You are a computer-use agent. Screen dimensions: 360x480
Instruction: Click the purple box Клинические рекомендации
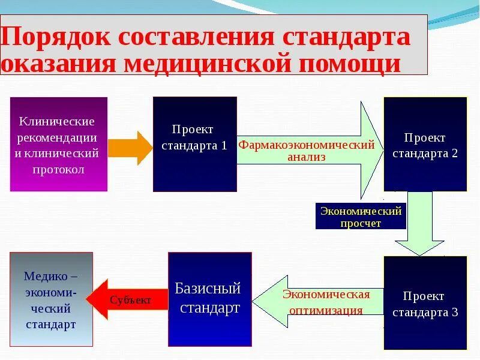(x=59, y=144)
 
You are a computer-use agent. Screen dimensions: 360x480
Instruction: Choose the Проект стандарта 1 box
(x=194, y=144)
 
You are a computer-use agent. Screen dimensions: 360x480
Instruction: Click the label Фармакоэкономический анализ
(x=307, y=151)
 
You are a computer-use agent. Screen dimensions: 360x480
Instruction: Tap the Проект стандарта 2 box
(x=425, y=144)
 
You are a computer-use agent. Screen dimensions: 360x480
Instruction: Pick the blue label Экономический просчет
(x=361, y=217)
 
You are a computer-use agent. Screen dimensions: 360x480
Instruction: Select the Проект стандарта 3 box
(x=425, y=303)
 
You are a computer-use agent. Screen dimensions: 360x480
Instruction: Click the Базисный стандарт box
(x=209, y=299)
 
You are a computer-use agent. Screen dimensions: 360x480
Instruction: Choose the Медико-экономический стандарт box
(x=51, y=299)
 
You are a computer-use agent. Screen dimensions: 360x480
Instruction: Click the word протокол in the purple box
(x=59, y=169)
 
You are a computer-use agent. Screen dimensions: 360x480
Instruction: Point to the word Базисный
(x=208, y=289)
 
